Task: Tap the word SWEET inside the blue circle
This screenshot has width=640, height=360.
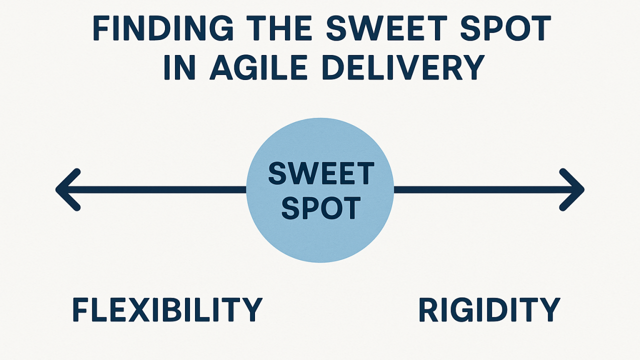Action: coord(320,173)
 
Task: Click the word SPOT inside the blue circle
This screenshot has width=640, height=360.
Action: coord(320,208)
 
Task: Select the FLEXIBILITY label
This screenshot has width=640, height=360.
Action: coord(167,310)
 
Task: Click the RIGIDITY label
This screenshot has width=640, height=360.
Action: coord(489,310)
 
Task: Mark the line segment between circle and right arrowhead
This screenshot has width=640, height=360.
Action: coord(480,189)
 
